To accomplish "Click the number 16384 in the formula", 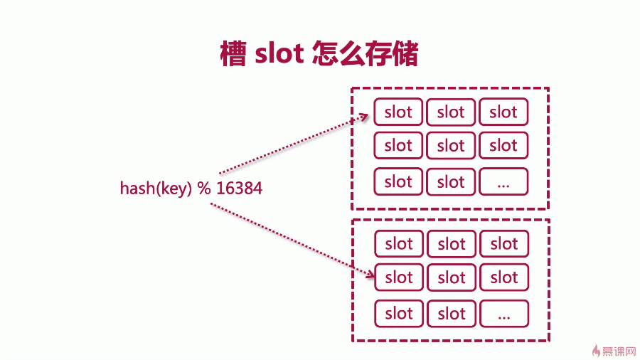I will [x=239, y=189].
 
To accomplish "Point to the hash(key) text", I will [x=156, y=189].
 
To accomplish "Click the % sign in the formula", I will [x=205, y=189].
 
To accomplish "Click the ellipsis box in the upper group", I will [x=503, y=182].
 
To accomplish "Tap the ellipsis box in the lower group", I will [x=504, y=313].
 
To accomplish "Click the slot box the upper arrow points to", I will [x=398, y=112].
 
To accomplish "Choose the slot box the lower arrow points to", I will [x=399, y=277].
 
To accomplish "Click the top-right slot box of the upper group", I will [x=503, y=112].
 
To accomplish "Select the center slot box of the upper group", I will [x=451, y=146].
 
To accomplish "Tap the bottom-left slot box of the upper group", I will [x=398, y=182].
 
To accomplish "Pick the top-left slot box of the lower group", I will [x=399, y=244].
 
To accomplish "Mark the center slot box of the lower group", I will [x=452, y=277].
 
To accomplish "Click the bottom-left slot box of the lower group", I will [x=399, y=313].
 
